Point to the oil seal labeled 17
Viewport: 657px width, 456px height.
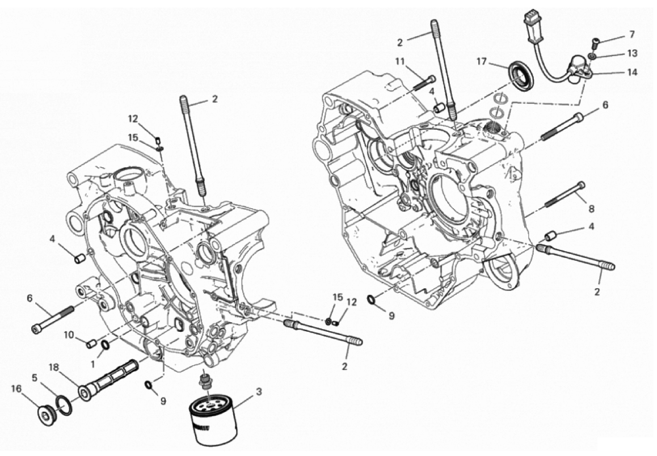[521, 76]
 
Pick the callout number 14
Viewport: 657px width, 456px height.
[632, 72]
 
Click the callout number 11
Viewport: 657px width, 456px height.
[399, 62]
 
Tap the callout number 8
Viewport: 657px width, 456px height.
[591, 208]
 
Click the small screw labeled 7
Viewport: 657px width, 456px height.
[595, 41]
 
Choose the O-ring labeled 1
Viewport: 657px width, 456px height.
[106, 345]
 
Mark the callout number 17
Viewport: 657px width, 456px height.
[481, 62]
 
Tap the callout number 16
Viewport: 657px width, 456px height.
[16, 389]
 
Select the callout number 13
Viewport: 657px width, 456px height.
[632, 53]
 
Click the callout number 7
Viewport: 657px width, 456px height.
[632, 35]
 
